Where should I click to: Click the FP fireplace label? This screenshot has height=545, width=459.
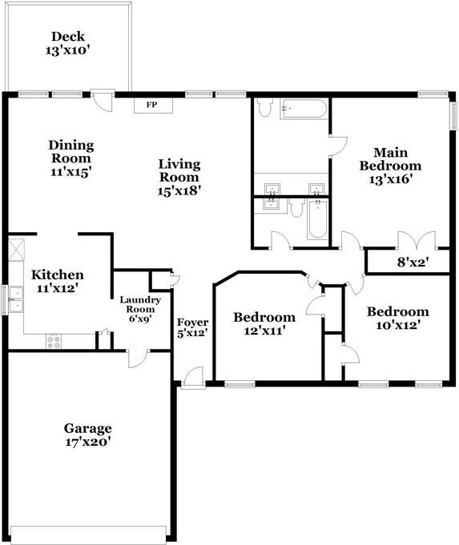click(151, 105)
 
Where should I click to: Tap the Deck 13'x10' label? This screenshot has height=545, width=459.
click(68, 43)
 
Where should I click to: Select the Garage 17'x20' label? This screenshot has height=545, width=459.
click(87, 435)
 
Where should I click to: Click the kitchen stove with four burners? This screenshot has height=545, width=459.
click(54, 341)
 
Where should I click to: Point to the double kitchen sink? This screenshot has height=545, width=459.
click(16, 299)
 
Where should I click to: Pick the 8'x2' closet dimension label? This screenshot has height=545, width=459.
click(413, 262)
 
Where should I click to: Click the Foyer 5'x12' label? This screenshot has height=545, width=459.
click(192, 328)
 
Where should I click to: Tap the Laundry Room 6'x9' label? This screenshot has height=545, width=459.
click(140, 310)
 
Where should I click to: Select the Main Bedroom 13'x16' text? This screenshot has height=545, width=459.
click(390, 166)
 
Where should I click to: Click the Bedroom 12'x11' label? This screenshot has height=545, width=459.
click(264, 323)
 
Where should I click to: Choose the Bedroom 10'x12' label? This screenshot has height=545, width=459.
click(398, 318)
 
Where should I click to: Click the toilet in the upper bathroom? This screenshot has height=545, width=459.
click(265, 107)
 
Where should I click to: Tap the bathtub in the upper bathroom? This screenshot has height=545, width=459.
click(304, 109)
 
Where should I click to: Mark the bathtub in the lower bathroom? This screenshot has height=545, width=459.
click(317, 218)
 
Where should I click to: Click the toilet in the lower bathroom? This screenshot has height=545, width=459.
click(297, 208)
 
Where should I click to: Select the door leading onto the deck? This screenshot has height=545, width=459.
click(103, 101)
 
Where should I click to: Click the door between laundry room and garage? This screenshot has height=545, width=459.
click(139, 359)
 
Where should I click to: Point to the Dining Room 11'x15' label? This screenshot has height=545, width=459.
click(71, 158)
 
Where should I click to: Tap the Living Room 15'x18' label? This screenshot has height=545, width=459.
click(179, 177)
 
